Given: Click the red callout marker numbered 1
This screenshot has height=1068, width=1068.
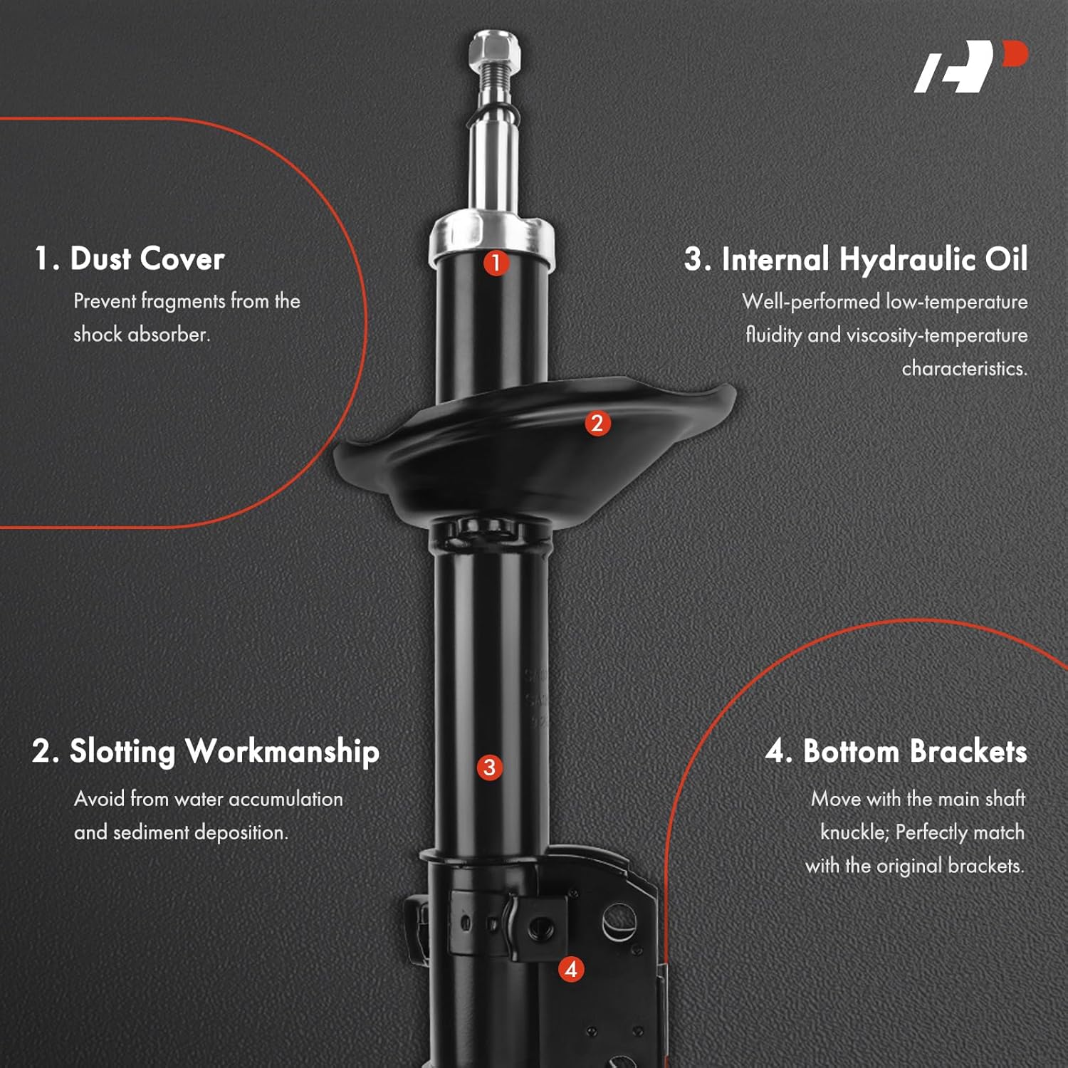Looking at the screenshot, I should coord(496,263).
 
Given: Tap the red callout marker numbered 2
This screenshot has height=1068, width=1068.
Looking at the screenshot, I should coord(597,424).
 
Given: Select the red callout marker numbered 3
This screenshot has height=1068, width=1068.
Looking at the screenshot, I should coord(489,768).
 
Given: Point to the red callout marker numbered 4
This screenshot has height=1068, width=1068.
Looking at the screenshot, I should coord(571,969).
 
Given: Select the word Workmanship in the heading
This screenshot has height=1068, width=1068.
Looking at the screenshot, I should coord(282,752).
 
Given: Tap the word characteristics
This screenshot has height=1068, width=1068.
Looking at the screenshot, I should coord(964,369).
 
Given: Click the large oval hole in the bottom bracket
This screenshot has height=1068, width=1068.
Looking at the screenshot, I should coord(618,921).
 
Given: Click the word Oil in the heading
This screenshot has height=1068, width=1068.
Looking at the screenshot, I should coord(1006,260).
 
